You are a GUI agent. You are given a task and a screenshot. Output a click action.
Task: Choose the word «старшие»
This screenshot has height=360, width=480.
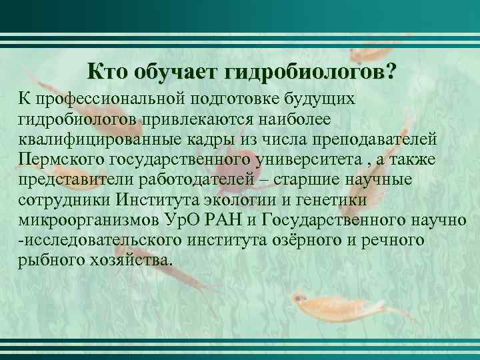(x=323, y=179)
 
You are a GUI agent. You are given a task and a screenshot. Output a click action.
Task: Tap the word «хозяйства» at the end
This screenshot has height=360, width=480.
(x=131, y=259)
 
